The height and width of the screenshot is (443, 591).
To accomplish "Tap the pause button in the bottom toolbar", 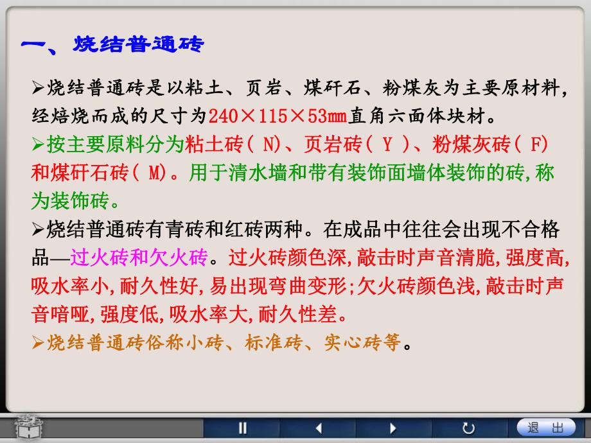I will (243, 428).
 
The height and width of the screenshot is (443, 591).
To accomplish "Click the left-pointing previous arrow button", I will (318, 428).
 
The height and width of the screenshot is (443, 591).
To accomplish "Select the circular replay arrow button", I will (468, 428).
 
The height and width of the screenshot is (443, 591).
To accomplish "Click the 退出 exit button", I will (545, 428).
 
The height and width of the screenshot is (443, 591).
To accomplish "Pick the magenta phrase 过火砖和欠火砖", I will (139, 258).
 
